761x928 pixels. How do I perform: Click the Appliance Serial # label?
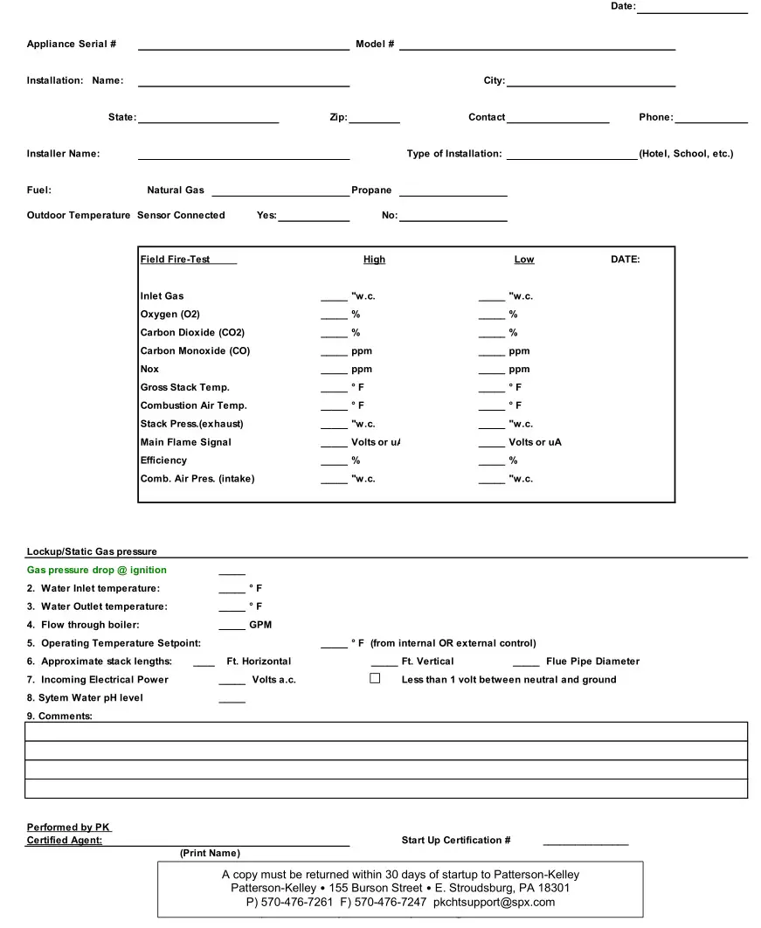point(72,45)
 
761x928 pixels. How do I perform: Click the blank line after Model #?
point(536,46)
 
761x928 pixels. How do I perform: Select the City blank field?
point(591,82)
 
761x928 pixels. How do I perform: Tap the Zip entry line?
point(374,119)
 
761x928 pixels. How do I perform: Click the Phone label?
point(655,117)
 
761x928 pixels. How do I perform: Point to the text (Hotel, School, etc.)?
point(686,154)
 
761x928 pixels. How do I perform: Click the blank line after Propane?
point(453,192)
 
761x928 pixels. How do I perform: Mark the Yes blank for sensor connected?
point(314,218)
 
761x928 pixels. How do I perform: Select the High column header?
point(374,260)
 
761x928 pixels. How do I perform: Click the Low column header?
point(524,260)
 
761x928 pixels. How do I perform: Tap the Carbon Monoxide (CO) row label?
point(195,351)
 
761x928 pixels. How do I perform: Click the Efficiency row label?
point(163,461)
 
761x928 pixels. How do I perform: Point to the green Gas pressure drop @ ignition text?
point(97,571)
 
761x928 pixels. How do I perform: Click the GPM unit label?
point(260,625)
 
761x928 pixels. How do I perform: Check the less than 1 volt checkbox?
point(375,678)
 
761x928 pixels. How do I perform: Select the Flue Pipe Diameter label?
point(592,661)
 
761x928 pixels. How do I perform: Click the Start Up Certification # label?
point(456,841)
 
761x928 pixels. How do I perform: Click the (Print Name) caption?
point(210,853)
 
